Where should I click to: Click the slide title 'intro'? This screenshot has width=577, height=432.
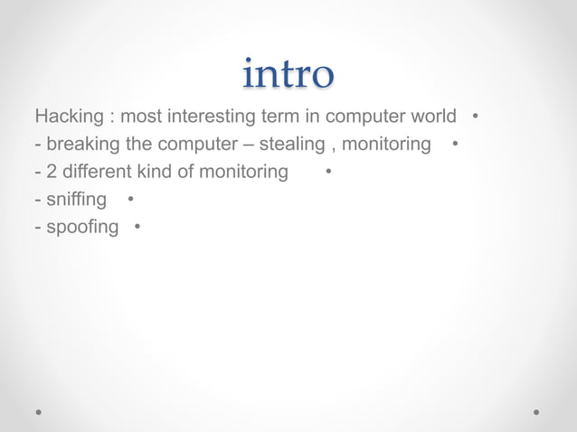click(288, 74)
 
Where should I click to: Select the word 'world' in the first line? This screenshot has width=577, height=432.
click(431, 117)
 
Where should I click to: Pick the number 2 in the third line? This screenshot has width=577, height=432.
click(51, 172)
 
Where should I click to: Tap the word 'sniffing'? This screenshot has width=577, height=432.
click(76, 199)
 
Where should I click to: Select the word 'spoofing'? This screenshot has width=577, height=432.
click(81, 226)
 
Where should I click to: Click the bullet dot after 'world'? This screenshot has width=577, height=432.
click(476, 117)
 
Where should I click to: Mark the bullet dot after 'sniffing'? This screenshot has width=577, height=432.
click(131, 198)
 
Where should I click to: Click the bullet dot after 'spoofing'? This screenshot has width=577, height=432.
click(137, 225)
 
